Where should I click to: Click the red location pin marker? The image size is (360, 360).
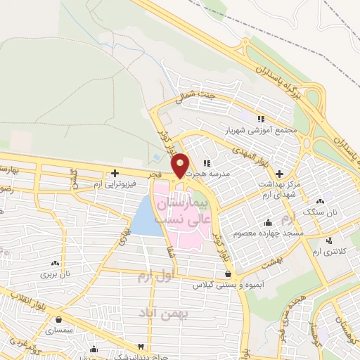181,165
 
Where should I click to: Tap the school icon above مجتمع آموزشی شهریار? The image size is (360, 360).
261,119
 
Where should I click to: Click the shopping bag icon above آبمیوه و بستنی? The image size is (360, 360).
227,274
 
